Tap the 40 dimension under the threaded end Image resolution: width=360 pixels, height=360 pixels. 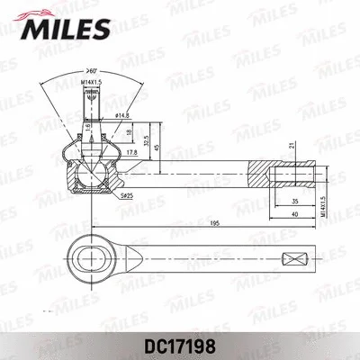point(295,215)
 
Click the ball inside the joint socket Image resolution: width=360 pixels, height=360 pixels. point(91,166)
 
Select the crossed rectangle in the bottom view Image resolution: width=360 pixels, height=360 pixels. point(292,259)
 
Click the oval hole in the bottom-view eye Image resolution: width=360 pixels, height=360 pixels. point(92,259)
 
